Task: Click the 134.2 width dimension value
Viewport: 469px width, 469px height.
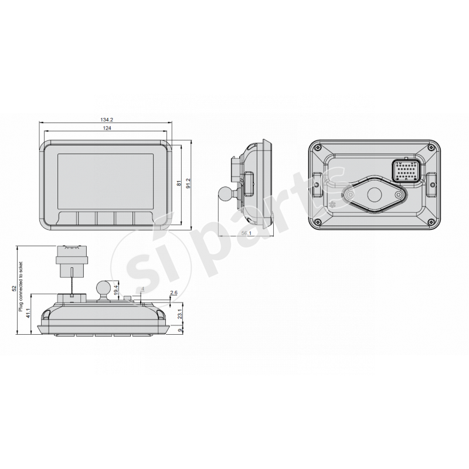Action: click(x=107, y=120)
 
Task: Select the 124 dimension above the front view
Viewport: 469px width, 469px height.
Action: click(x=107, y=128)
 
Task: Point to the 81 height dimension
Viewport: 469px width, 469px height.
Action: click(x=178, y=183)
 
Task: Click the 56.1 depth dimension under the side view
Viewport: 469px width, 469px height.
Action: click(x=246, y=233)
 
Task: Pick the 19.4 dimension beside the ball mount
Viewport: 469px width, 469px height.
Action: click(x=116, y=290)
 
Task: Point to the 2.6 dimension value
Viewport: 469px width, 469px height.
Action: click(x=174, y=293)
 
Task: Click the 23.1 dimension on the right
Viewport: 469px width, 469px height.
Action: click(x=179, y=315)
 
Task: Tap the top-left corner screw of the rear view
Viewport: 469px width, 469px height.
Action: click(x=317, y=149)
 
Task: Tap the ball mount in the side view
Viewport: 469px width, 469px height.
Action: click(x=225, y=192)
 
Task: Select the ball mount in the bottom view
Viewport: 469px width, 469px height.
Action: click(x=103, y=287)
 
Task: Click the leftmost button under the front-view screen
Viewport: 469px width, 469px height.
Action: click(x=69, y=218)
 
